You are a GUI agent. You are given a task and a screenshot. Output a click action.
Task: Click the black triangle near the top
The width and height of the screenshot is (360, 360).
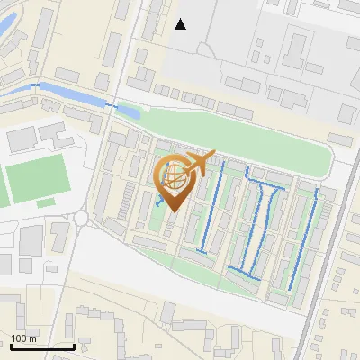(x=181, y=24)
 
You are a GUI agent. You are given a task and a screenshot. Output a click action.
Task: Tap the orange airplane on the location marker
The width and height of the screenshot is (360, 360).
(x=200, y=164)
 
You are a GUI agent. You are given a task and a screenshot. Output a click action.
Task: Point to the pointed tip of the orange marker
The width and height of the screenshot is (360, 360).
(x=172, y=211)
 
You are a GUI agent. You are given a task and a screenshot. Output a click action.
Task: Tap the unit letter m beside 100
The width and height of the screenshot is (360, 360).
(x=34, y=338)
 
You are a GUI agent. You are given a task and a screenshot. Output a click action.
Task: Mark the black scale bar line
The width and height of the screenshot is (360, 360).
(x=41, y=346)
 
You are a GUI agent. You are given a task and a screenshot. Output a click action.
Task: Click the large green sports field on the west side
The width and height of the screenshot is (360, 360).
(x=37, y=177)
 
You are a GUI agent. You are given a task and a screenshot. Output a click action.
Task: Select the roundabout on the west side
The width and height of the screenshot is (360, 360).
(x=82, y=217)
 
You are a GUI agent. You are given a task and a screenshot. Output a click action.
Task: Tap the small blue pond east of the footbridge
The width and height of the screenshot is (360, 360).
(x=129, y=112)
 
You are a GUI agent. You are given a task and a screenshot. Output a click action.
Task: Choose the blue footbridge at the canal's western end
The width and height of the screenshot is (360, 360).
(x=35, y=85)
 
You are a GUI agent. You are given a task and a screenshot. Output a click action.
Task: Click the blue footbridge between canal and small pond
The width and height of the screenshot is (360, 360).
(x=112, y=105)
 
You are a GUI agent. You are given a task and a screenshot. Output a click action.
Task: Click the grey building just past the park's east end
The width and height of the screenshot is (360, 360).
(x=340, y=139)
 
